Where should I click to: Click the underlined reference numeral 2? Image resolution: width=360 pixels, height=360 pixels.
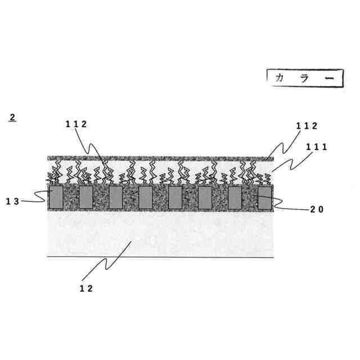tap(12, 118)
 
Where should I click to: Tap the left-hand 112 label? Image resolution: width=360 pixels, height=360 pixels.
tap(75, 125)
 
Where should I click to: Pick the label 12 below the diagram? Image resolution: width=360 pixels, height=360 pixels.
tap(85, 288)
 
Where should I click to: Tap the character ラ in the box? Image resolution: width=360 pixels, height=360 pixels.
tap(304, 78)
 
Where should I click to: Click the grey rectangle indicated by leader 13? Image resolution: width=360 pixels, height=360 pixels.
tap(56, 197)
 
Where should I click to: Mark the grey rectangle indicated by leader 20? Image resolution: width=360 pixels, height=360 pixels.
tap(264, 197)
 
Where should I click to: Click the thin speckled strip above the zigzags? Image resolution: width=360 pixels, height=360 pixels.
tap(160, 157)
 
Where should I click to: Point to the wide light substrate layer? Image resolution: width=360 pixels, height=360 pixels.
tap(160, 233)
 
